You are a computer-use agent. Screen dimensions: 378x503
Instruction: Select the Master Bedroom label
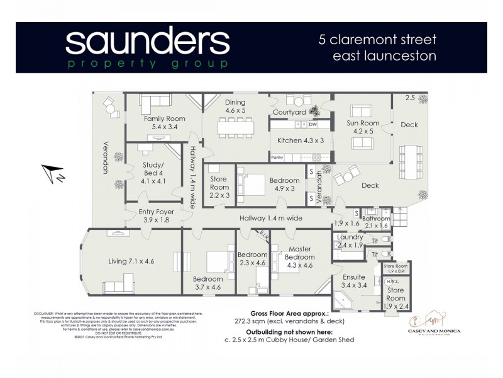(x=299, y=253)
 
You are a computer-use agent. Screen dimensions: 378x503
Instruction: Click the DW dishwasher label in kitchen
(x=312, y=124)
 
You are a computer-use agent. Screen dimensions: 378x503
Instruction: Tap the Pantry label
(x=277, y=157)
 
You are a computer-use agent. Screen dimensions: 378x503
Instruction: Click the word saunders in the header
(x=147, y=42)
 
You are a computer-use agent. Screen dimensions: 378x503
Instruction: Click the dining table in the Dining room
(x=236, y=129)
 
